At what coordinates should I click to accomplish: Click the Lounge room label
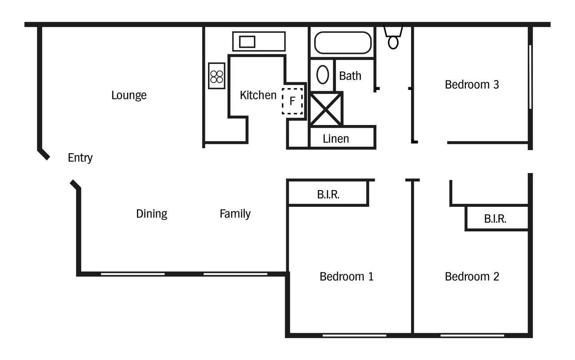click(129, 96)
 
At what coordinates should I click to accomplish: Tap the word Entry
click(80, 158)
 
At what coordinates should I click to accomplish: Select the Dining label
click(152, 214)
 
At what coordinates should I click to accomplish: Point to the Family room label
click(235, 214)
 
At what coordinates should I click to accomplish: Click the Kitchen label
click(258, 95)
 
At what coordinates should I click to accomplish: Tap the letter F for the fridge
click(292, 101)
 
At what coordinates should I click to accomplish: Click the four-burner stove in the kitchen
click(217, 76)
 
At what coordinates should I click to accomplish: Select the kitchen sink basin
click(247, 42)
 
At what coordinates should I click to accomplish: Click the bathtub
click(343, 43)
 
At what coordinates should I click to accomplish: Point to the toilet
click(393, 37)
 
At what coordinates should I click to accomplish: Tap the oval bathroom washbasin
click(323, 75)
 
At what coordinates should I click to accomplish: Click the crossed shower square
click(326, 109)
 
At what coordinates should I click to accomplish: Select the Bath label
click(350, 76)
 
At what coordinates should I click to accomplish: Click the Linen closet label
click(336, 139)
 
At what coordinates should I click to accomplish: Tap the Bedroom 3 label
click(472, 85)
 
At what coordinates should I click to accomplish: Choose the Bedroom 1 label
click(346, 277)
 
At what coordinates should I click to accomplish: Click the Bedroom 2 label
click(472, 277)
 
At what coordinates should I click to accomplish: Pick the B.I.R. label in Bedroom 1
click(328, 195)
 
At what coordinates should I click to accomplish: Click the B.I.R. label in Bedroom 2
click(495, 219)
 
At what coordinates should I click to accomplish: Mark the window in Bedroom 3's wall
click(530, 77)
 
